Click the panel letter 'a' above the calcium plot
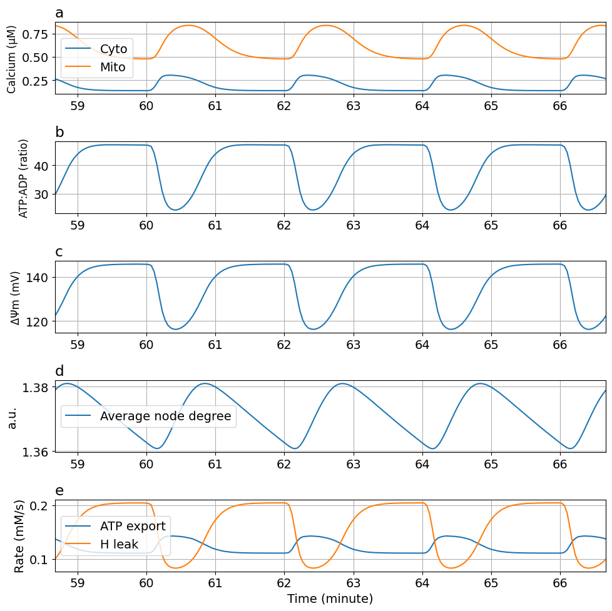click(x=59, y=13)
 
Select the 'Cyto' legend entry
click(x=113, y=49)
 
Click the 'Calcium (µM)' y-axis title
click(x=12, y=56)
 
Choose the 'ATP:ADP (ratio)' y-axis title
click(x=23, y=178)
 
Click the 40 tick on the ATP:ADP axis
click(x=43, y=166)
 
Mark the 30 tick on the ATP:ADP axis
click(x=43, y=194)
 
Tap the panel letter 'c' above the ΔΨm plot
click(x=59, y=252)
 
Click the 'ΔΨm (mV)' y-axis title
click(x=16, y=298)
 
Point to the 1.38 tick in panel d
click(x=36, y=388)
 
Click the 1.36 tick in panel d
click(x=36, y=451)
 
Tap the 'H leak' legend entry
click(x=119, y=545)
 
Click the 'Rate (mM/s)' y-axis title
click(x=19, y=536)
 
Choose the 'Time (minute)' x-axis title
click(x=330, y=598)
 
